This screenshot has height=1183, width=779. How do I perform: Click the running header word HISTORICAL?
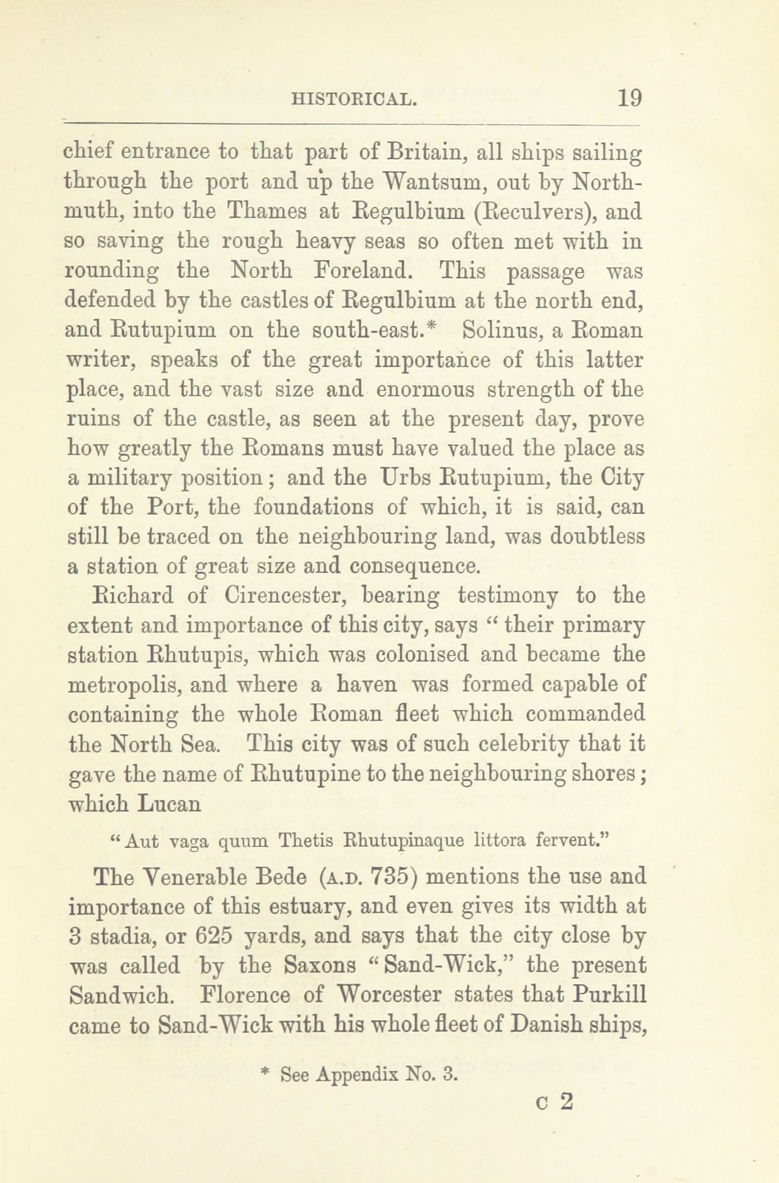[354, 99]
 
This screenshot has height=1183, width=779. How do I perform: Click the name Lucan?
[170, 804]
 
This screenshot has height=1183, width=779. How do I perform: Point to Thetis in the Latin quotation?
[305, 841]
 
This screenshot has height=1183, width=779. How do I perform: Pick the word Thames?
[267, 213]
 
